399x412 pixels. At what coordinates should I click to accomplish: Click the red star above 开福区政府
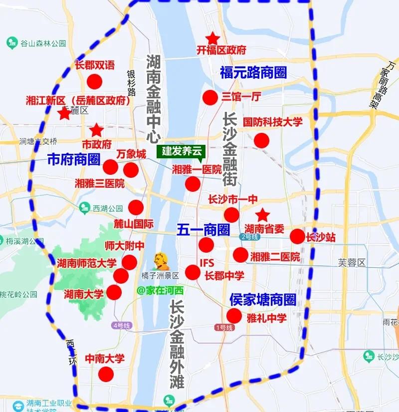213,38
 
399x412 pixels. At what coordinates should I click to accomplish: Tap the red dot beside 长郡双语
94,81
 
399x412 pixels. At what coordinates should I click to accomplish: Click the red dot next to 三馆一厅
210,97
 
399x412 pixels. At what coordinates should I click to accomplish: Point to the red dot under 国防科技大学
261,140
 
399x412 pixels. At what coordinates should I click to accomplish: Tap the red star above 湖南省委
263,215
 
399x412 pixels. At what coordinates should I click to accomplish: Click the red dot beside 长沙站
297,237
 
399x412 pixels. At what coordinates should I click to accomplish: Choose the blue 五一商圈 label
203,230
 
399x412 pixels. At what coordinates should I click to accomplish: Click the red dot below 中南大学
106,374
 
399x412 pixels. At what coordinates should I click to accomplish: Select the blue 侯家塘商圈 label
262,300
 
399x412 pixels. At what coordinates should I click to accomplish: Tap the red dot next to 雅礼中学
234,316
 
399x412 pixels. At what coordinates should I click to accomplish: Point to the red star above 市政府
96,131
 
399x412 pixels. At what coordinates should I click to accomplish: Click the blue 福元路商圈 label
253,72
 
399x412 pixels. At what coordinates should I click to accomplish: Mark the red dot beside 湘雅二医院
240,255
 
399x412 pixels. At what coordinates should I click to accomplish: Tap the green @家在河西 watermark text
161,290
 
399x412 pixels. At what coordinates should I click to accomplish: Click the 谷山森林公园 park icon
12,43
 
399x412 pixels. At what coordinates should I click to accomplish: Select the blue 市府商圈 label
73,160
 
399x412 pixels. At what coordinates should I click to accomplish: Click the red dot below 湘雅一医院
193,184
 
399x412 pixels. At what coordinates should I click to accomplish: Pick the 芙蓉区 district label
352,263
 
